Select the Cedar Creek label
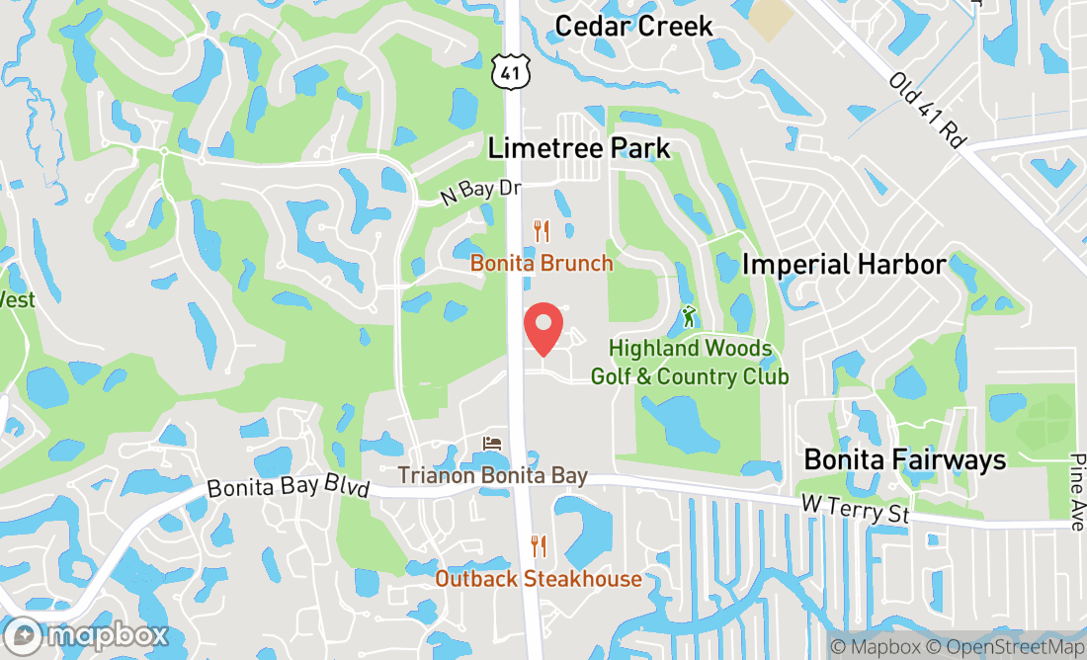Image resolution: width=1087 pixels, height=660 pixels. pyautogui.click(x=633, y=26)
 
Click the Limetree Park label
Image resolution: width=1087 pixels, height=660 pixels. pyautogui.click(x=579, y=148)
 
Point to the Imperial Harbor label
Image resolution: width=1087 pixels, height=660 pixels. pyautogui.click(x=844, y=264)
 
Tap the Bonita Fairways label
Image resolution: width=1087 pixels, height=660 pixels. pyautogui.click(x=904, y=459)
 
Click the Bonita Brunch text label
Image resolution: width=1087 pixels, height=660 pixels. pyautogui.click(x=542, y=264)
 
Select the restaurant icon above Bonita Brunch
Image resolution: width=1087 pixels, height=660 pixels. pyautogui.click(x=541, y=231)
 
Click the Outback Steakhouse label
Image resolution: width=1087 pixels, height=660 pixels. pyautogui.click(x=539, y=579)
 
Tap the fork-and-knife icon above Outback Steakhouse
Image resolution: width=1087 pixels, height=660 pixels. pyautogui.click(x=539, y=546)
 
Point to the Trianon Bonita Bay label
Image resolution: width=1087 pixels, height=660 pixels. pyautogui.click(x=492, y=476)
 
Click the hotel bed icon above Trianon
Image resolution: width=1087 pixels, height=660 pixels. pyautogui.click(x=492, y=444)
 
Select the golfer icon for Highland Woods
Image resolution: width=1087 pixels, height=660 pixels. pyautogui.click(x=689, y=316)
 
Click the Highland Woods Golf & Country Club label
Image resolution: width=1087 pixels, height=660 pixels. pyautogui.click(x=690, y=363)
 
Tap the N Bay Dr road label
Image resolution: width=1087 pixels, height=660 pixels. pyautogui.click(x=479, y=192)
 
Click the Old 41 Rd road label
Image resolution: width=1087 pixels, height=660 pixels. pyautogui.click(x=926, y=109)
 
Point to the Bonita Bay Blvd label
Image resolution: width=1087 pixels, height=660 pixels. pyautogui.click(x=288, y=488)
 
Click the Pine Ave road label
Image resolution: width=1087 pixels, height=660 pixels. pyautogui.click(x=1076, y=492)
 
